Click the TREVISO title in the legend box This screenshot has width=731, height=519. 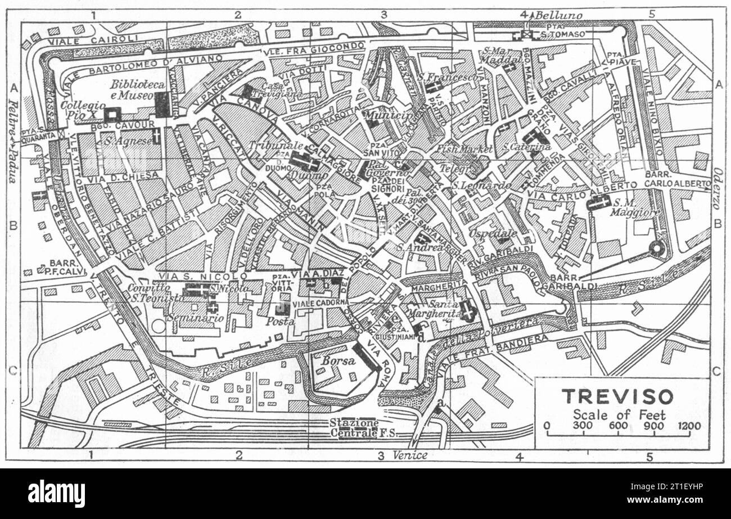coord(617,396)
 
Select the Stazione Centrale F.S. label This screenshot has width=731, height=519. coord(354,428)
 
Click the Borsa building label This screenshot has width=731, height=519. coord(338,362)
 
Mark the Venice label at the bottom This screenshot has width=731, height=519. coord(410,455)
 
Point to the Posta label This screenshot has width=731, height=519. coord(280,322)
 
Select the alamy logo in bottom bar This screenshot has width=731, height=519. coord(56,494)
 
